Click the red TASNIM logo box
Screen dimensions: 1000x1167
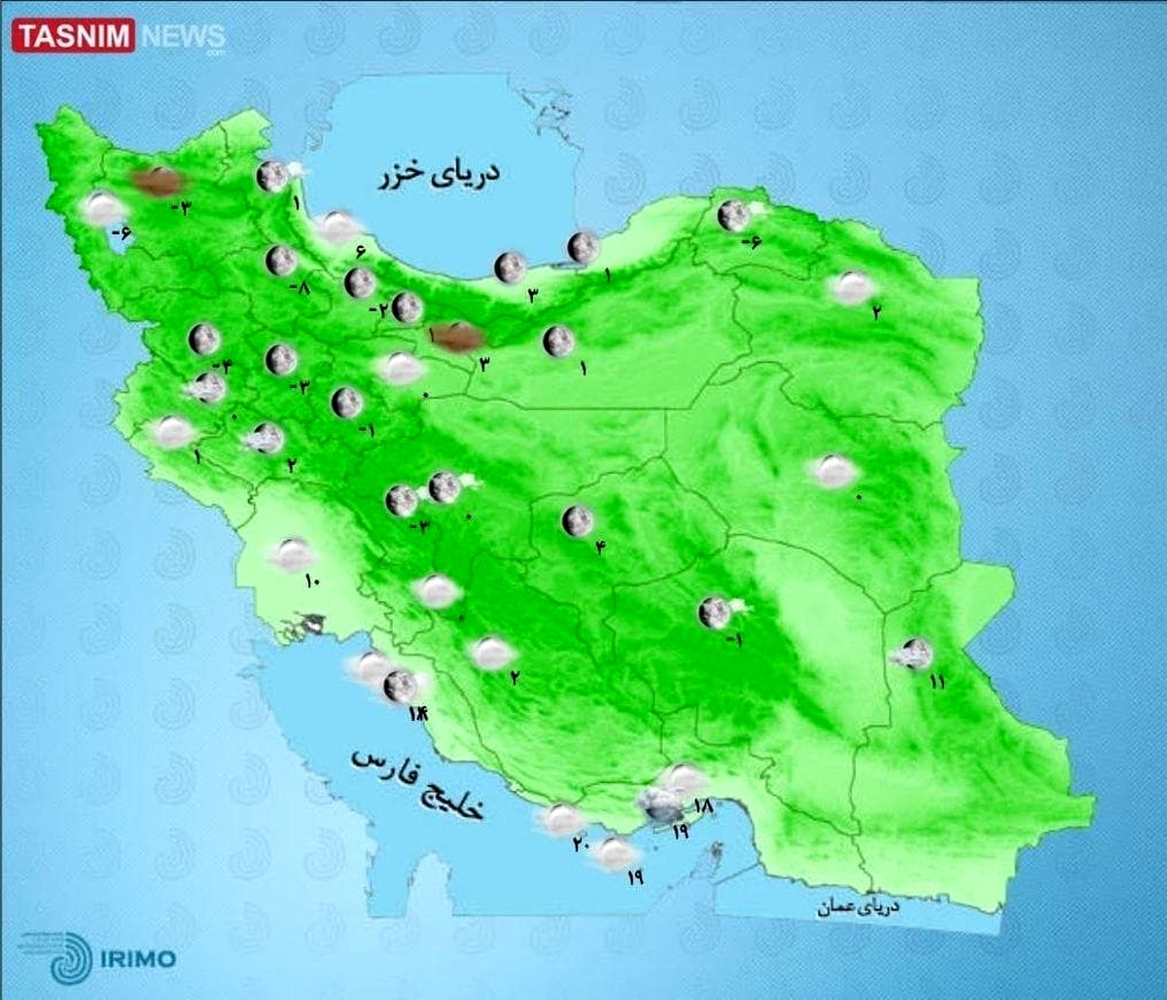pos(73,36)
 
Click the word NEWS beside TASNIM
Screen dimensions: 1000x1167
pos(182,37)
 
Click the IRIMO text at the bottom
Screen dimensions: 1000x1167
pos(138,959)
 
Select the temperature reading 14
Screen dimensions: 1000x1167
pos(417,716)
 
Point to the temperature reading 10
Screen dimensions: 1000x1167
pos(312,582)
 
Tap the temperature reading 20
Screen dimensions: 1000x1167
pos(581,844)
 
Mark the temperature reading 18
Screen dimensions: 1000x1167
pos(704,806)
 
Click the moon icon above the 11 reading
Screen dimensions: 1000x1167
pos(914,653)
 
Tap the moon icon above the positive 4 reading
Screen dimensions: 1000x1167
pos(577,521)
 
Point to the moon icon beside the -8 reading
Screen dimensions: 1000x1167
pos(281,261)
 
